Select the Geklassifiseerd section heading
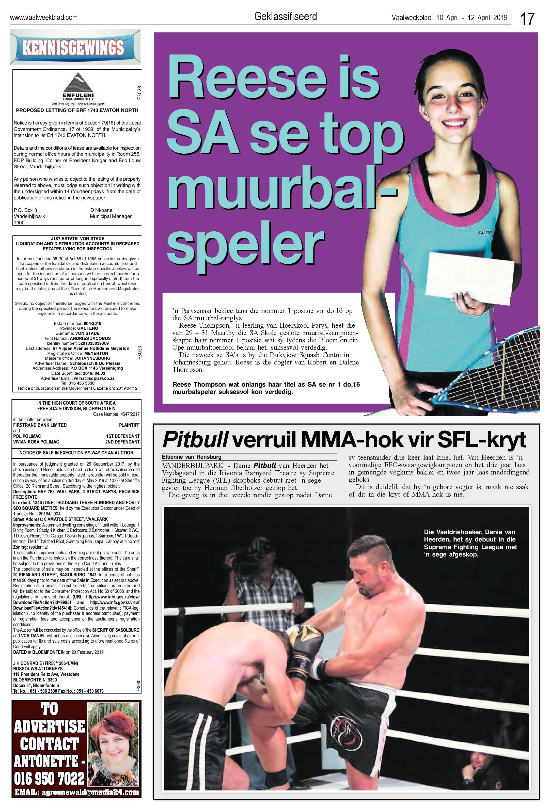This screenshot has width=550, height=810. pos(286,16)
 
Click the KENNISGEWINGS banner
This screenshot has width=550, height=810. pos(73,48)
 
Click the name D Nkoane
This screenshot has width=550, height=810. pos(101,210)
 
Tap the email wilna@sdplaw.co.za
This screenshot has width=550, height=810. pos(94,378)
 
